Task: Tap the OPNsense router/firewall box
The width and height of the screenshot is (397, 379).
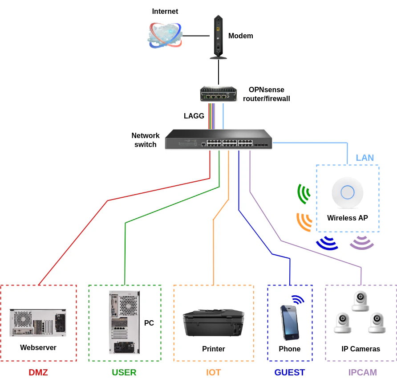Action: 218,94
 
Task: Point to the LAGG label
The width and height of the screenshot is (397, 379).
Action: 194,116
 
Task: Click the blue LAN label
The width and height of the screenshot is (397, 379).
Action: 365,158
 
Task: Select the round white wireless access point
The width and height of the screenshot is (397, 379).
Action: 347,192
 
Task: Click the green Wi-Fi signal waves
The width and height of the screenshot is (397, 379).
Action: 304,194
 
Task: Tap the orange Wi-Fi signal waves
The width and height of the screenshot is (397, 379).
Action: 304,222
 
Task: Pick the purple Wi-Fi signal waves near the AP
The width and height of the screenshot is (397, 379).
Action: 361,242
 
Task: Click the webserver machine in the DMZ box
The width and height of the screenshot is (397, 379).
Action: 38,323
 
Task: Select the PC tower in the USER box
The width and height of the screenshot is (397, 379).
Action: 124,322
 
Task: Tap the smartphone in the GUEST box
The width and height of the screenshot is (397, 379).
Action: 289,322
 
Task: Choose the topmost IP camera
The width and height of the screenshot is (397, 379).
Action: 360,301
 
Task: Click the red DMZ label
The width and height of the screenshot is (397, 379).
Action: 38,372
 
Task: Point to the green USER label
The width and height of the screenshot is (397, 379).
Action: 124,372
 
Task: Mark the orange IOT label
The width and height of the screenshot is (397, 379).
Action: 213,372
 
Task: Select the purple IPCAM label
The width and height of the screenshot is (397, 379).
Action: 362,372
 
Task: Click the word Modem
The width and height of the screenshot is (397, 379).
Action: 240,36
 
